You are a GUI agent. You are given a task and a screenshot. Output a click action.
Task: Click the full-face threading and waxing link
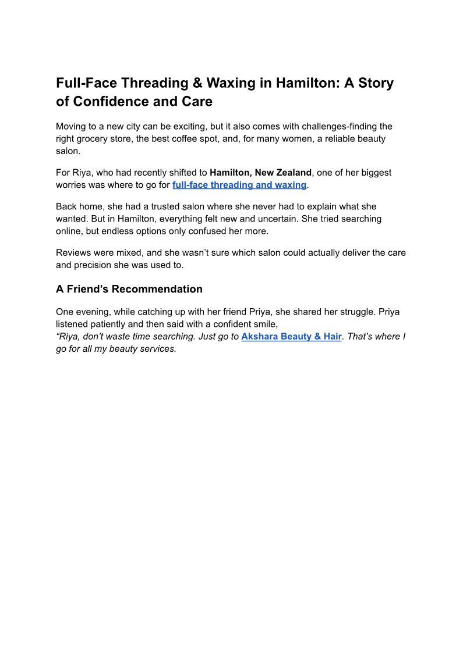click(x=239, y=185)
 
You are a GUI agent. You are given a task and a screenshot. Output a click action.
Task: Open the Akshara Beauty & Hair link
click(x=291, y=337)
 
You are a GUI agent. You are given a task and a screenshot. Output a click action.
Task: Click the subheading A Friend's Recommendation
click(x=129, y=289)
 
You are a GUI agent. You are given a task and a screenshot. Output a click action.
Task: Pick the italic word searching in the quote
click(x=176, y=337)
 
